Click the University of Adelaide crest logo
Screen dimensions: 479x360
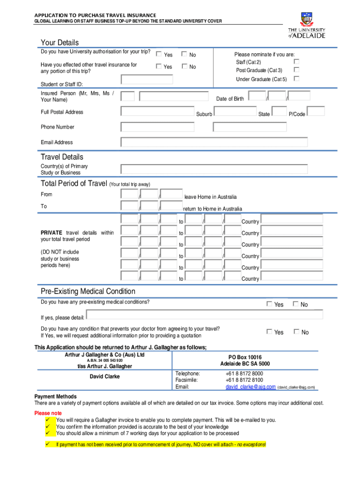(307, 19)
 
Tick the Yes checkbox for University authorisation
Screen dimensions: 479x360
(158, 54)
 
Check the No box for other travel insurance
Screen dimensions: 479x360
(184, 66)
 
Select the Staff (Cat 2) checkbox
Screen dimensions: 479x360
(296, 61)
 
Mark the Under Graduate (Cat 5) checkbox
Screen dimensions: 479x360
(296, 79)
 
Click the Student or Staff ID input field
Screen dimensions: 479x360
(147, 79)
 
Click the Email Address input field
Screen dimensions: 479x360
(214, 142)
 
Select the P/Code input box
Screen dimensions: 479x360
(316, 111)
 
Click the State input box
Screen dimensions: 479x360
(279, 111)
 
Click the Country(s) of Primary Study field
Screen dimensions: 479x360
(214, 169)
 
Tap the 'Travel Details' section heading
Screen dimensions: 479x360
(62, 157)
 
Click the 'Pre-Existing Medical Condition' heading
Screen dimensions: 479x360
(88, 291)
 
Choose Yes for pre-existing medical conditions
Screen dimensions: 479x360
(269, 304)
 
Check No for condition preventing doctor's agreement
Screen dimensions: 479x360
(295, 332)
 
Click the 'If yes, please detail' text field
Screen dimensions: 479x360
(204, 315)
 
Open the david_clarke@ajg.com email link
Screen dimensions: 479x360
(250, 387)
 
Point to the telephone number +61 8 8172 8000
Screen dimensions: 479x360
(244, 373)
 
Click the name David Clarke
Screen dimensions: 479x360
(105, 377)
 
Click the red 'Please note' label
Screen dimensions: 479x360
(48, 413)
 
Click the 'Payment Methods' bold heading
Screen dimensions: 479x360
(55, 397)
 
